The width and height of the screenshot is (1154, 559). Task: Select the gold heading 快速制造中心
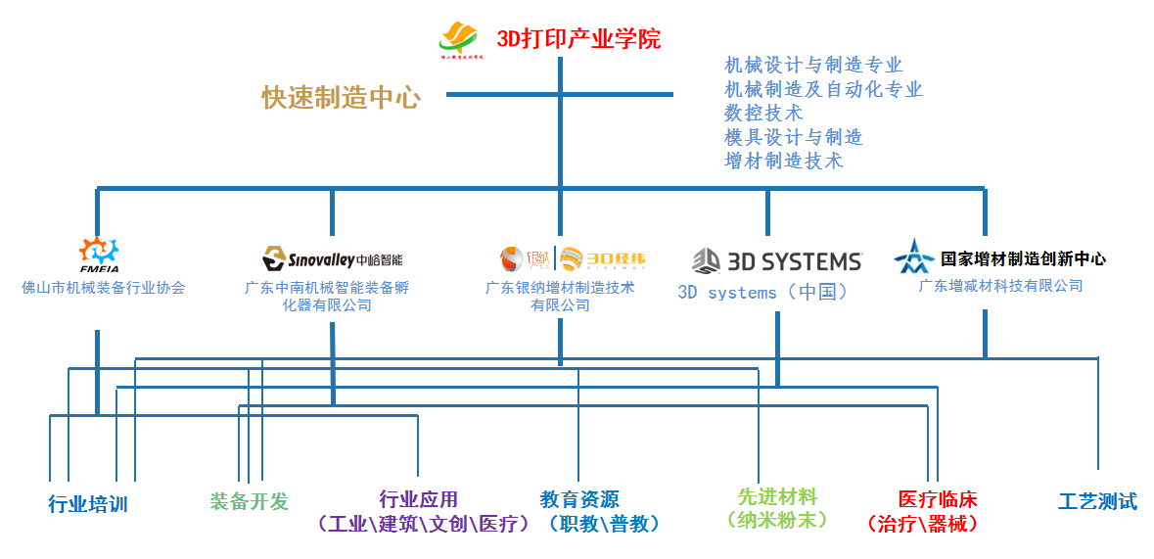pyautogui.click(x=341, y=98)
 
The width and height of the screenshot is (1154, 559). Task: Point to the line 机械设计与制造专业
pyautogui.click(x=812, y=66)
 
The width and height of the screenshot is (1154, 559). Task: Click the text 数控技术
pyautogui.click(x=763, y=113)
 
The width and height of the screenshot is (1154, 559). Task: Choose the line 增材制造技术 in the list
pyautogui.click(x=783, y=161)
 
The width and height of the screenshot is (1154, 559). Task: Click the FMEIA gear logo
pyautogui.click(x=98, y=254)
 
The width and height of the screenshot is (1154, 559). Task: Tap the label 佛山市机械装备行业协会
pyautogui.click(x=103, y=288)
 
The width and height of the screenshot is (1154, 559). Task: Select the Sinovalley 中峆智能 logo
pyautogui.click(x=332, y=259)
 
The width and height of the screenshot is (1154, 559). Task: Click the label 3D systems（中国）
pyautogui.click(x=762, y=292)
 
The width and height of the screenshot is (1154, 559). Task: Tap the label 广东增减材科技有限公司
pyautogui.click(x=1000, y=286)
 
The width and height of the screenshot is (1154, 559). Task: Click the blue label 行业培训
pyautogui.click(x=88, y=504)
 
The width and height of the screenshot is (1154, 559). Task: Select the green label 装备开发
pyautogui.click(x=250, y=501)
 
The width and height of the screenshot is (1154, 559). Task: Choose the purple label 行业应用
pyautogui.click(x=418, y=499)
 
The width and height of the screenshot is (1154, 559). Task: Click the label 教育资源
pyautogui.click(x=579, y=499)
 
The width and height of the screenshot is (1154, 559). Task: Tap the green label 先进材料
pyautogui.click(x=777, y=497)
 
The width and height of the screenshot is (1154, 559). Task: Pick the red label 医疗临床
pyautogui.click(x=938, y=499)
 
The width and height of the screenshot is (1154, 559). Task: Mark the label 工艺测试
pyautogui.click(x=1097, y=501)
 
